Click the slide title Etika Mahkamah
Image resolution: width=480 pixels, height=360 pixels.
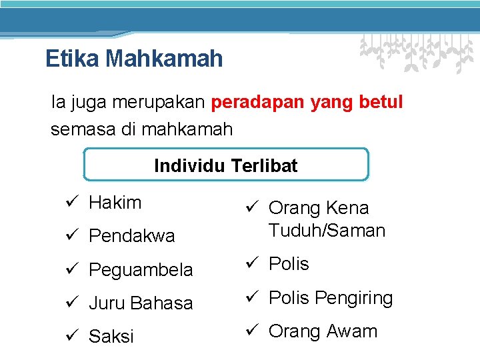coord(134,59)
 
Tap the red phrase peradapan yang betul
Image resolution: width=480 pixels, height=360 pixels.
coord(307,103)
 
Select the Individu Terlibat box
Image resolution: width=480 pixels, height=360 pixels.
coord(226,165)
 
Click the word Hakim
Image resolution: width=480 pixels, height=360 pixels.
coord(115,203)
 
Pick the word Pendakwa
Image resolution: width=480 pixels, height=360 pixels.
coord(131,236)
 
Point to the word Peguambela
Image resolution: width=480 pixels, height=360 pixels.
coord(140,269)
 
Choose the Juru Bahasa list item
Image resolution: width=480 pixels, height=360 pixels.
coord(140,303)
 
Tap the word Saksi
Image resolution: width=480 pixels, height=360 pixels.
coord(111,336)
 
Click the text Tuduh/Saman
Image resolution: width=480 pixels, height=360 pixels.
coord(327,231)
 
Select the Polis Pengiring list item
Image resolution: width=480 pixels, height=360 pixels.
coord(330,297)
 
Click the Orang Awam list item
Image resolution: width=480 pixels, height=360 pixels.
coord(323,331)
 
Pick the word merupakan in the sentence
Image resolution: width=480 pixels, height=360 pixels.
coord(159,103)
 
